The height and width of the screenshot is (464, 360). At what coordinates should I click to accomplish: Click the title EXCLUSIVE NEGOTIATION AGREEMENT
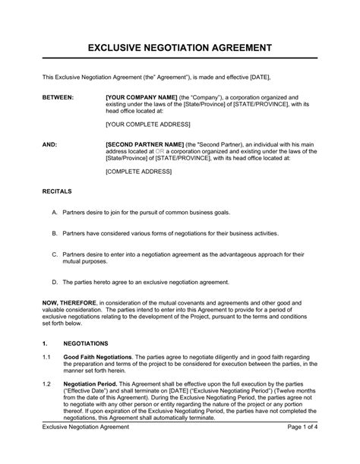[x=179, y=46]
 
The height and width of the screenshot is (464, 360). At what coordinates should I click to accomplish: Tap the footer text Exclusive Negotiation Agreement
[x=85, y=450]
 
